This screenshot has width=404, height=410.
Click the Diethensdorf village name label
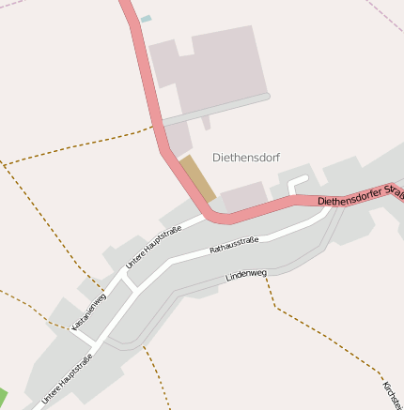pyautogui.click(x=246, y=158)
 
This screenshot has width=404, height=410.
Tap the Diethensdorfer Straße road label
pyautogui.click(x=360, y=198)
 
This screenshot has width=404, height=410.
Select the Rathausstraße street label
pyautogui.click(x=234, y=247)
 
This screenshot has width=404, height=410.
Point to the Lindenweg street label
pyautogui.click(x=247, y=276)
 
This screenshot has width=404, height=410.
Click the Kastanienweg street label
pyautogui.click(x=89, y=311)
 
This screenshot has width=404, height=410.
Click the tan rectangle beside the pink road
pyautogui.click(x=197, y=177)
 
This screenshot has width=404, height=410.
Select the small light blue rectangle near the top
pyautogui.click(x=146, y=19)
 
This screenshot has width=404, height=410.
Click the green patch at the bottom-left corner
pyautogui.click(x=3, y=398)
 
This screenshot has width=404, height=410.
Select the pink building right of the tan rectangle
pyautogui.click(x=243, y=196)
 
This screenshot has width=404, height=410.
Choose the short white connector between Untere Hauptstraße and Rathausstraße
pyautogui.click(x=131, y=282)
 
